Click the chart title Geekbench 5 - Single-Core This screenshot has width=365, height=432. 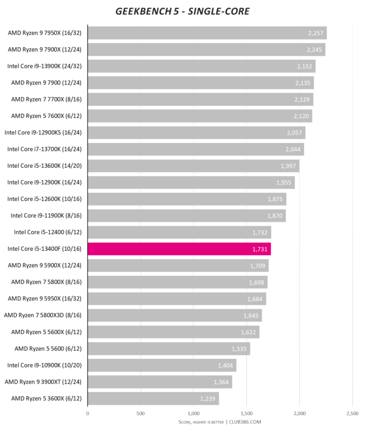[183, 11]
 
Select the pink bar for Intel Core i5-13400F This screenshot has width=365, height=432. [179, 249]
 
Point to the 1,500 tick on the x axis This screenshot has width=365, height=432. [246, 414]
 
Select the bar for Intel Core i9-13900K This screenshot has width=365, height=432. [201, 66]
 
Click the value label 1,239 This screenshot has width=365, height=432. [208, 398]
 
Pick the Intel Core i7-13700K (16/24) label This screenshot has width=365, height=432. [45, 149]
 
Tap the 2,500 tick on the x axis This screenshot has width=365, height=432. [352, 414]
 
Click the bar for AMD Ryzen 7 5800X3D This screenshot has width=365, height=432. [174, 315]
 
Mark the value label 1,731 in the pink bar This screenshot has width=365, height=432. [260, 249]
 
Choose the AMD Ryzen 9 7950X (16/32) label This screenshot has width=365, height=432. [46, 33]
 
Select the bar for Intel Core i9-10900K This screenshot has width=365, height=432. [162, 365]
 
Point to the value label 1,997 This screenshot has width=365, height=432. [289, 166]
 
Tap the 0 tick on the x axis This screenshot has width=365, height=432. [88, 414]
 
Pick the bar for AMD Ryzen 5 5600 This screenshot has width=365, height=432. [168, 348]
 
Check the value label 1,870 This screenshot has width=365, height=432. [275, 215]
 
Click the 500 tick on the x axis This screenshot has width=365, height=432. [141, 414]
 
